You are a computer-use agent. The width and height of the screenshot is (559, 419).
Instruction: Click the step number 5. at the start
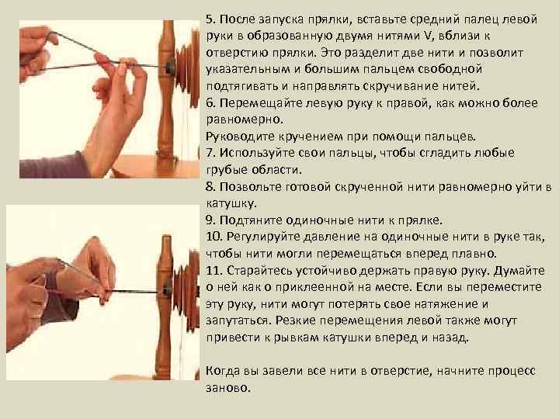coord(211,18)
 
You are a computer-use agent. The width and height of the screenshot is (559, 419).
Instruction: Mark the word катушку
coord(230,203)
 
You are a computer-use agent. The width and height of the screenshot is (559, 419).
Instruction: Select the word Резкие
coord(309,321)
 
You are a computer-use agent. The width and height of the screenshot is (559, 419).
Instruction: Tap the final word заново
coord(228,389)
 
